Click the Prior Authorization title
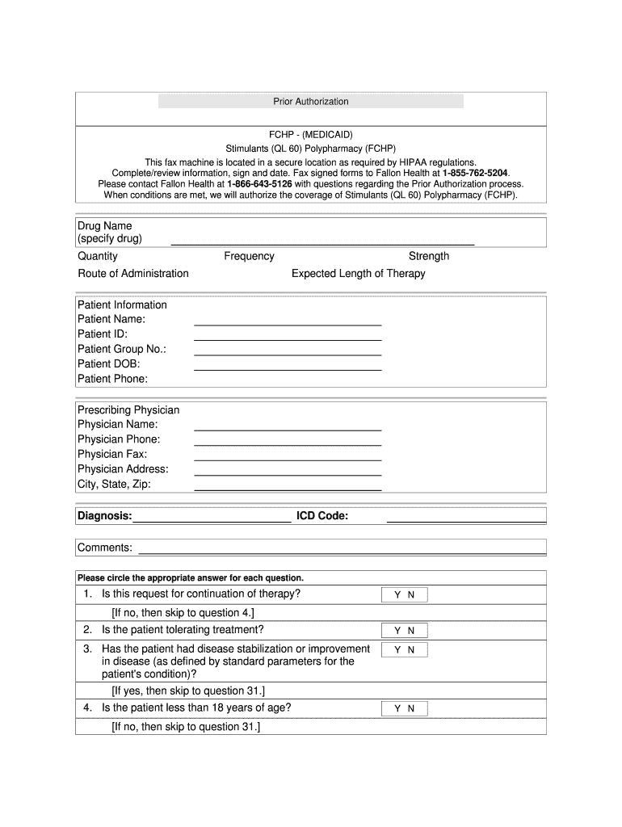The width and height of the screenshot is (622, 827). coord(311,102)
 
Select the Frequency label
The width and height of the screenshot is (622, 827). coord(249,256)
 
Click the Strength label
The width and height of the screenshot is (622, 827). coord(429,256)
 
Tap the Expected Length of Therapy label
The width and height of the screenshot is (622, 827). coord(358,274)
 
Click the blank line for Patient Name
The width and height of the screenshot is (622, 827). coord(288,323)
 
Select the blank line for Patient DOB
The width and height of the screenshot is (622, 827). coord(288,367)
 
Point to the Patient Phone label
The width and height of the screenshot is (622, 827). coord(112,379)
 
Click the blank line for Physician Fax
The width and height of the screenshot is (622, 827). coord(288,459)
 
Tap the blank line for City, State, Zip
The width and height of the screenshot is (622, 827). coord(288,489)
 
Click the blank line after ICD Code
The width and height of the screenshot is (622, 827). coord(466,522)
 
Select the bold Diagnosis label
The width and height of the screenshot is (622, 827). coord(104,516)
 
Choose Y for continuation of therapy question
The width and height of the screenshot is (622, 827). coord(397,595)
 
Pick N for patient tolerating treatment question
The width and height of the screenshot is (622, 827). coord(411,631)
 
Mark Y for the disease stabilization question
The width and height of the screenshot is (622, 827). coord(397,650)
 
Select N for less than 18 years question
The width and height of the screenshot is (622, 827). coord(411,709)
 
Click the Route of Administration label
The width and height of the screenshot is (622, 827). coord(133,274)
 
